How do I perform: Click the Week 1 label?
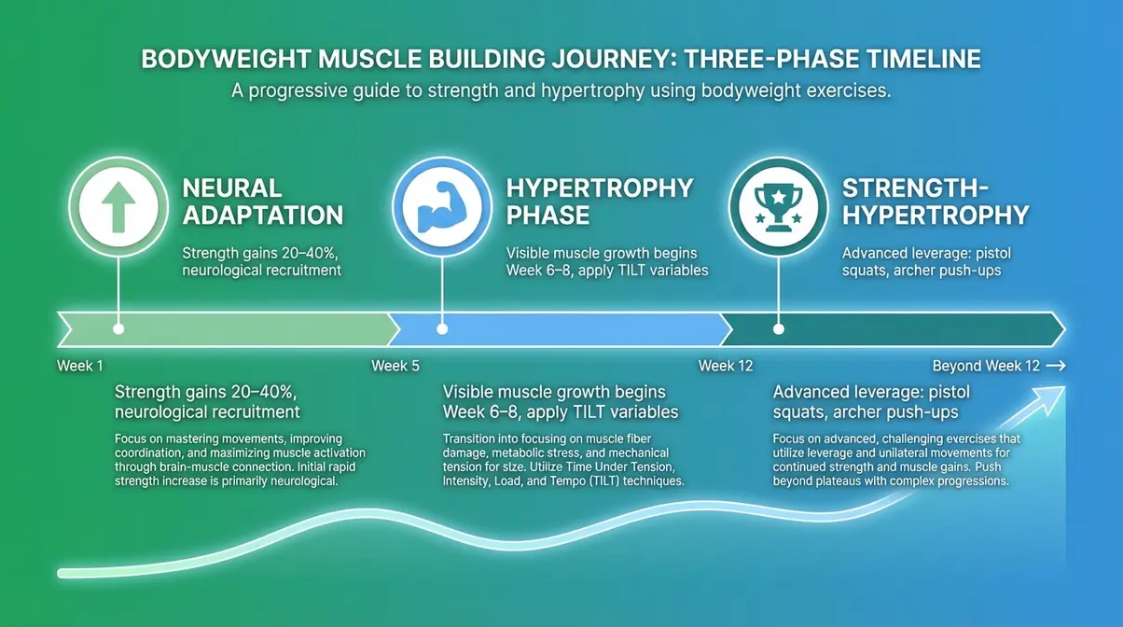coord(75,366)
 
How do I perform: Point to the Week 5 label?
coord(395,366)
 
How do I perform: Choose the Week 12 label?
coord(726,366)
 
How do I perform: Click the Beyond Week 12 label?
coord(986,366)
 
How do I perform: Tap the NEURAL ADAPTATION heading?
coord(263,202)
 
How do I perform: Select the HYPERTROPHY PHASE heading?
coord(600,202)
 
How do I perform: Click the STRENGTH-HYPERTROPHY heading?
coord(935,202)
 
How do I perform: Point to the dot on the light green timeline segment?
coord(118,329)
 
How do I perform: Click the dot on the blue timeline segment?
coord(441,329)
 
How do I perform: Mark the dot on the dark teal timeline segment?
coord(778,329)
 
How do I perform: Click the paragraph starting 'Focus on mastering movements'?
coord(229,460)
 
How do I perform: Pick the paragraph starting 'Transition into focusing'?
coord(564,460)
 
